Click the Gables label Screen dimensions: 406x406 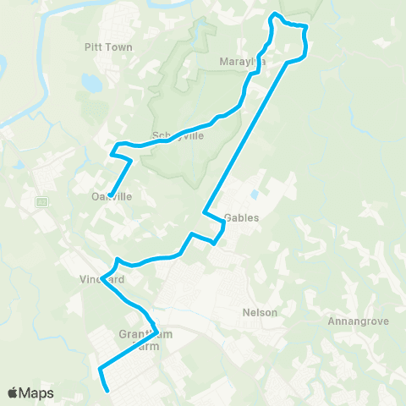pos(241,217)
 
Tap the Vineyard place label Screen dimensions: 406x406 pos(104,279)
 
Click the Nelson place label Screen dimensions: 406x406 pos(260,312)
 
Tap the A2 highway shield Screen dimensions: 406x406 pos(41,202)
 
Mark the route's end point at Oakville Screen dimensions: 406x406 pos(110,192)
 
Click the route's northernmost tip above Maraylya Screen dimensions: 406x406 pos(272,14)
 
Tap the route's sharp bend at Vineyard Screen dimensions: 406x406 pos(102,280)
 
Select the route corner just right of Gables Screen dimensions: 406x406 pos(223,221)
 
